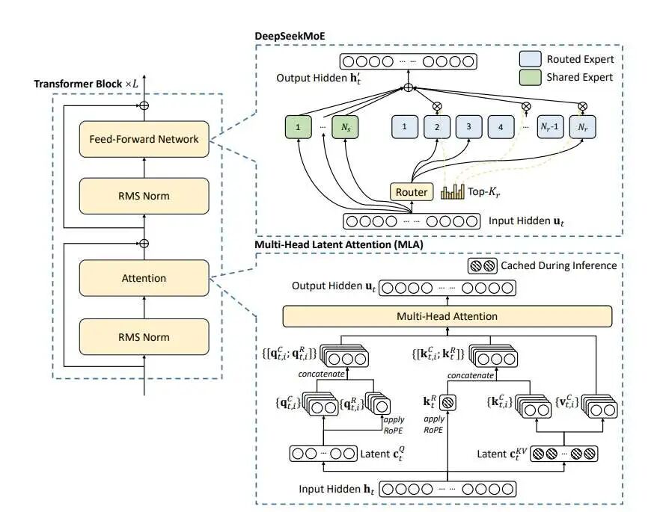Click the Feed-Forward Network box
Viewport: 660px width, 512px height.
(x=144, y=138)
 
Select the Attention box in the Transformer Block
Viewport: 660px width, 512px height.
(x=144, y=278)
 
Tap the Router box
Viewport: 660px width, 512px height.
(x=411, y=192)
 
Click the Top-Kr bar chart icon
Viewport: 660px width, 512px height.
(x=453, y=192)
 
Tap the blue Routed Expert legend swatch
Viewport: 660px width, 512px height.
(x=533, y=58)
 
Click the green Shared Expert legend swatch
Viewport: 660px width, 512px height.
(x=533, y=76)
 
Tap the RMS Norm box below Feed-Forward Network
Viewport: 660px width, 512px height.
(x=144, y=196)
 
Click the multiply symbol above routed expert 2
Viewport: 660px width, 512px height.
(x=437, y=105)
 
